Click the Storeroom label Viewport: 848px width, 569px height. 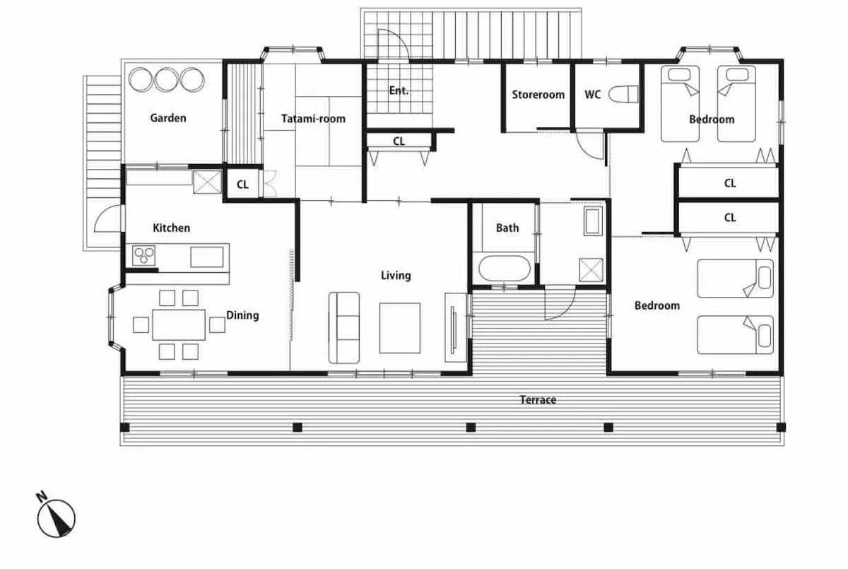(538, 95)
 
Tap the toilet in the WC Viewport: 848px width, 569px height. (623, 94)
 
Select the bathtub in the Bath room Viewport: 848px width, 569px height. (505, 269)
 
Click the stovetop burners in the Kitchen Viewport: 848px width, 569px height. (144, 255)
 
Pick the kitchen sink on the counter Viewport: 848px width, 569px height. (206, 257)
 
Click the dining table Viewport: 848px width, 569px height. (179, 325)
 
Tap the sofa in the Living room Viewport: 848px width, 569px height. (343, 327)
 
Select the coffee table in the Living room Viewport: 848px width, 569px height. (400, 328)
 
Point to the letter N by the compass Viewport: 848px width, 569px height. (42, 496)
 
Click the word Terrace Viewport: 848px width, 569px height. (538, 400)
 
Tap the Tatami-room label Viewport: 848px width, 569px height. (313, 119)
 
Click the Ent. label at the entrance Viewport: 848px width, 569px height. (399, 90)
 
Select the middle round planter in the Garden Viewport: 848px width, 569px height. (167, 79)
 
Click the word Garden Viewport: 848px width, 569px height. (168, 118)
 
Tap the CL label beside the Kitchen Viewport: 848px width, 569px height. (242, 184)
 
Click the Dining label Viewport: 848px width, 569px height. (242, 315)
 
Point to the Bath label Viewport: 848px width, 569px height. (507, 228)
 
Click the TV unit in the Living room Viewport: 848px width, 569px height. (456, 327)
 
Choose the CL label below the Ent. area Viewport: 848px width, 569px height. (399, 141)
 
